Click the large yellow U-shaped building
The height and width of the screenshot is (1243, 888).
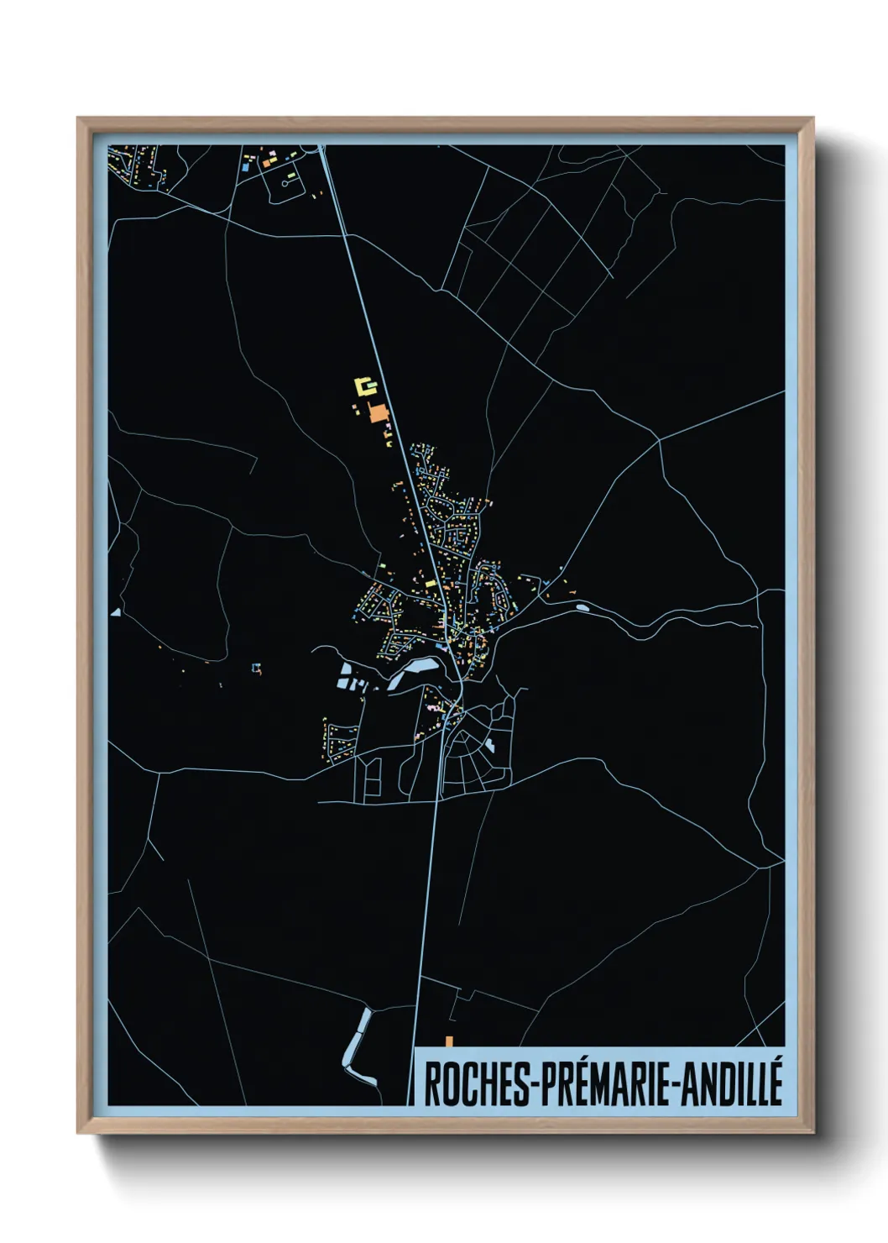click(x=365, y=386)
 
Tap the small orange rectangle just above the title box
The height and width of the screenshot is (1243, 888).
click(x=450, y=1041)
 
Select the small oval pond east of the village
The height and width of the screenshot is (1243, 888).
click(x=581, y=606)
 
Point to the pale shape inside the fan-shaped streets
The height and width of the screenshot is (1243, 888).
click(x=489, y=744)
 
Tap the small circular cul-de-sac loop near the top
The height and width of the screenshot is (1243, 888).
click(x=286, y=180)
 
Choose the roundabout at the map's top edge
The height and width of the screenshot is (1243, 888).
click(x=321, y=148)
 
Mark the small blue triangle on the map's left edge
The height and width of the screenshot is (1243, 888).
click(x=115, y=612)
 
